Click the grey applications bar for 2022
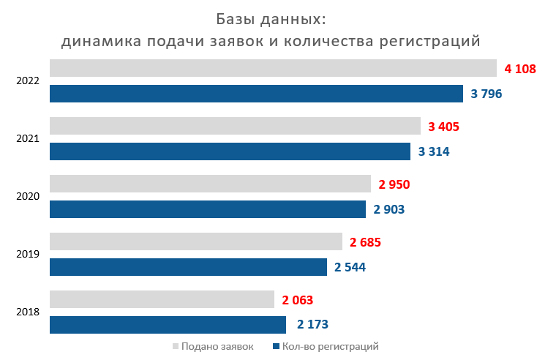pyautogui.click(x=273, y=68)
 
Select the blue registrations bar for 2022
pyautogui.click(x=256, y=94)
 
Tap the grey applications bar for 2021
pyautogui.click(x=235, y=126)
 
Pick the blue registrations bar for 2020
pyautogui.click(x=208, y=209)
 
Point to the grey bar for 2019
pyautogui.click(x=196, y=241)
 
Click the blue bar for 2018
pyautogui.click(x=168, y=324)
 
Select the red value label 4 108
pyautogui.click(x=520, y=69)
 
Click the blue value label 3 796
pyautogui.click(x=487, y=94)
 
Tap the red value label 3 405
pyautogui.click(x=443, y=127)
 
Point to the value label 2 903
pyautogui.click(x=388, y=210)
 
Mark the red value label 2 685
pyautogui.click(x=365, y=242)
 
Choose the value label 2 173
pyautogui.click(x=312, y=324)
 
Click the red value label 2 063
pyautogui.click(x=297, y=299)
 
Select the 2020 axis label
pyautogui.click(x=28, y=196)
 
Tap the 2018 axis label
pyautogui.click(x=28, y=312)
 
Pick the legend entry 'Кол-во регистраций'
pyautogui.click(x=329, y=346)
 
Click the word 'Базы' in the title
pyautogui.click(x=239, y=18)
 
